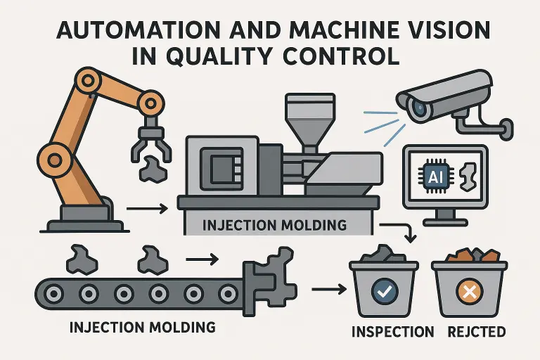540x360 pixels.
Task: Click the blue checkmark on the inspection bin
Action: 383,289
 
